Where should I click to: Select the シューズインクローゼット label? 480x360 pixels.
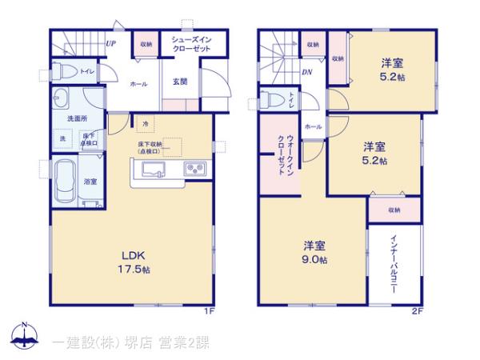tap(190, 43)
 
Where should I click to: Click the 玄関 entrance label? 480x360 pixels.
tap(180, 82)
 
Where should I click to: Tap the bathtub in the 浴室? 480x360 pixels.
tap(65, 183)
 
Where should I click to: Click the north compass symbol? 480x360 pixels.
tap(25, 336)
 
